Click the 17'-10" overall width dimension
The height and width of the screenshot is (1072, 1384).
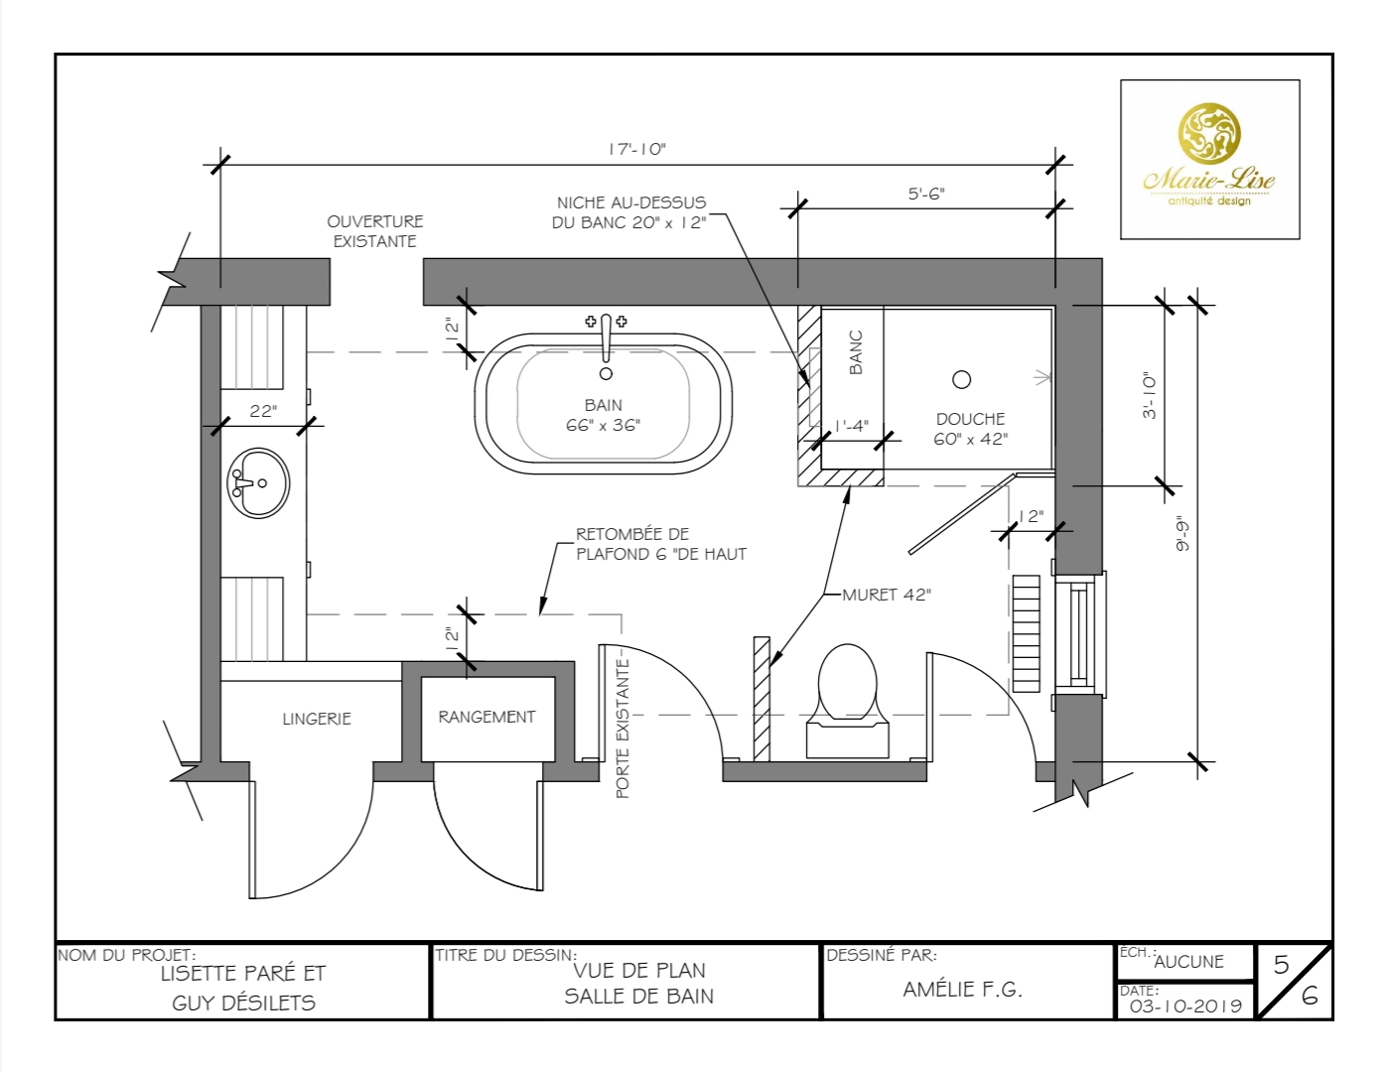pyautogui.click(x=636, y=149)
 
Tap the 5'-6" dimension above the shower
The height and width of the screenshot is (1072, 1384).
pyautogui.click(x=925, y=194)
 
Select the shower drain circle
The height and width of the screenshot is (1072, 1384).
pyautogui.click(x=961, y=379)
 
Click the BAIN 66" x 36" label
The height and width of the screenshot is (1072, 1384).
pyautogui.click(x=603, y=415)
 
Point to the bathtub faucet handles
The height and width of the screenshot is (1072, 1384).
pyautogui.click(x=606, y=322)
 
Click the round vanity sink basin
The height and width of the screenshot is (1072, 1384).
pyautogui.click(x=259, y=483)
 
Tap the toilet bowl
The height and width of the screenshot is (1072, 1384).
pyautogui.click(x=847, y=683)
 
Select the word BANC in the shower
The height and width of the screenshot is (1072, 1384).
pyautogui.click(x=856, y=352)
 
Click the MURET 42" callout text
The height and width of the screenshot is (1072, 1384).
pyautogui.click(x=886, y=595)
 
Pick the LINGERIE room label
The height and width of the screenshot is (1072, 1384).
pyautogui.click(x=317, y=719)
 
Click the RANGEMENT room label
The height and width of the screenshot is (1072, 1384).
pyautogui.click(x=486, y=717)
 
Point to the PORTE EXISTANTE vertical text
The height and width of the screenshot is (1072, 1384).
pyautogui.click(x=623, y=730)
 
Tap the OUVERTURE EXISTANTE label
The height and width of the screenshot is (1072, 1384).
pyautogui.click(x=375, y=231)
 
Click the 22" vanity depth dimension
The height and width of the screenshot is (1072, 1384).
pyautogui.click(x=263, y=411)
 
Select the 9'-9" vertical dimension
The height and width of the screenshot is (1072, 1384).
pyautogui.click(x=1181, y=533)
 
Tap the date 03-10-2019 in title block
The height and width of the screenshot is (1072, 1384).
pyautogui.click(x=1185, y=1005)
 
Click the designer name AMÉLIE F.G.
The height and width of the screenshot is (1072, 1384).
pyautogui.click(x=962, y=990)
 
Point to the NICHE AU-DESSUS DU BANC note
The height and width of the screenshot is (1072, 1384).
pyautogui.click(x=629, y=212)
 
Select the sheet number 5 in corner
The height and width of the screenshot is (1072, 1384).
pyautogui.click(x=1281, y=965)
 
